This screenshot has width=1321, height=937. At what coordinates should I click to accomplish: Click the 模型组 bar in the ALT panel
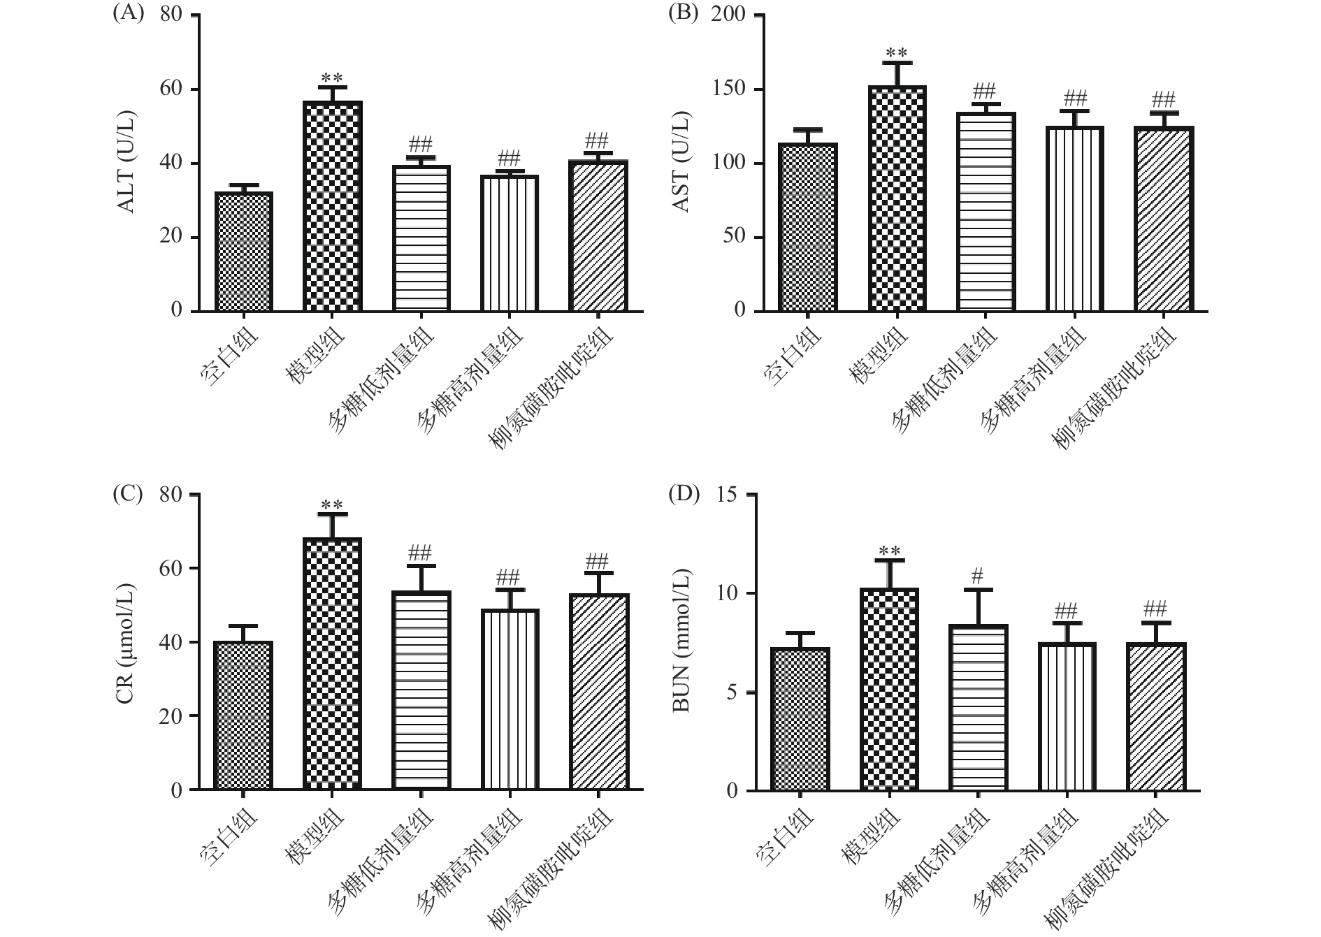click(332, 206)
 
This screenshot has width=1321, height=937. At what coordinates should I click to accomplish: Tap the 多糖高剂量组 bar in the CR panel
click(510, 699)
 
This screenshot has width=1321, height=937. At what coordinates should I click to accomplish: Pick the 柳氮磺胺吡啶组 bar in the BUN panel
click(1155, 717)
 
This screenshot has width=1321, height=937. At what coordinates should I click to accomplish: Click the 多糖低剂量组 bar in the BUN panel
click(978, 708)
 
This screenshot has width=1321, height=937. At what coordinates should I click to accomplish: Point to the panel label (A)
click(128, 14)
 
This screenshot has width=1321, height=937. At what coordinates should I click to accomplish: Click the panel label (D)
click(684, 494)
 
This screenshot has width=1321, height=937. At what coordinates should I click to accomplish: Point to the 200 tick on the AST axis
click(728, 15)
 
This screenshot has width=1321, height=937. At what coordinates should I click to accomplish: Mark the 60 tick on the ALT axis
click(171, 89)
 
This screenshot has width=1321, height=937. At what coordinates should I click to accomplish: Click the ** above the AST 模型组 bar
click(896, 53)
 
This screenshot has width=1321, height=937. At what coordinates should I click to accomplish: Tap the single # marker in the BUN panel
click(977, 576)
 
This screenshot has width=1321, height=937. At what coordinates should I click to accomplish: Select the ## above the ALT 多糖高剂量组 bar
click(509, 154)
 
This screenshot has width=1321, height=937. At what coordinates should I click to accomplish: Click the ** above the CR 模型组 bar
click(331, 504)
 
